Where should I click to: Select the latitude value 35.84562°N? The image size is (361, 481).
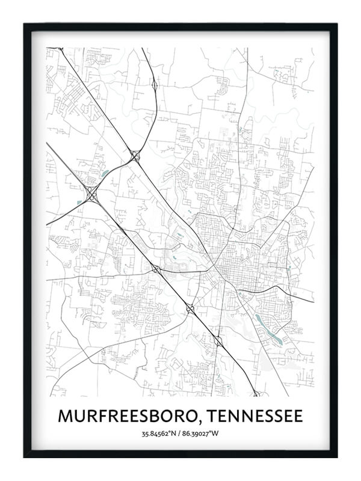[160, 434]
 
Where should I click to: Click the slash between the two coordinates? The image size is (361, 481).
[180, 434]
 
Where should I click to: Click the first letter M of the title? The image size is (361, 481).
[64, 416]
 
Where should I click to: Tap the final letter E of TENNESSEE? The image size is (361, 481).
[298, 416]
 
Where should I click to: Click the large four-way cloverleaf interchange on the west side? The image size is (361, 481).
[91, 193]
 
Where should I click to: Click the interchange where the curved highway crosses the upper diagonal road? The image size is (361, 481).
[135, 155]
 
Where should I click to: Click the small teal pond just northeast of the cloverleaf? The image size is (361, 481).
[105, 174]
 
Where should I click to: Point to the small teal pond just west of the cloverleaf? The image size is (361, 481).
[78, 200]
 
